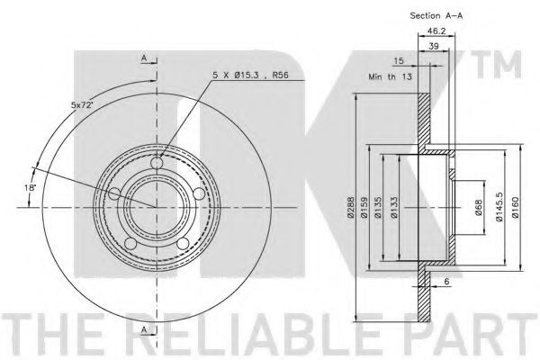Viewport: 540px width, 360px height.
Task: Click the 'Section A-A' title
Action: coord(436,15)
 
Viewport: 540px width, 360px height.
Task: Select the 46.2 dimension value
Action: coord(436,31)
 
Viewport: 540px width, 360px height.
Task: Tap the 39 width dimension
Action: coord(434,46)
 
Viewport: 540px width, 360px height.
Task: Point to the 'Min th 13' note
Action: coord(390,76)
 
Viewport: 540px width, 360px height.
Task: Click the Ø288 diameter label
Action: coord(351,207)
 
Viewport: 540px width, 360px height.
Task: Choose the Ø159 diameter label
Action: coord(364,207)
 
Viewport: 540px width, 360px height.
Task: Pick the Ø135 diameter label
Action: coord(378,207)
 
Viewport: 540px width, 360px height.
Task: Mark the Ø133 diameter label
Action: coord(394,207)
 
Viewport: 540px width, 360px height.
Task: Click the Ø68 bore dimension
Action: coord(479,207)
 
